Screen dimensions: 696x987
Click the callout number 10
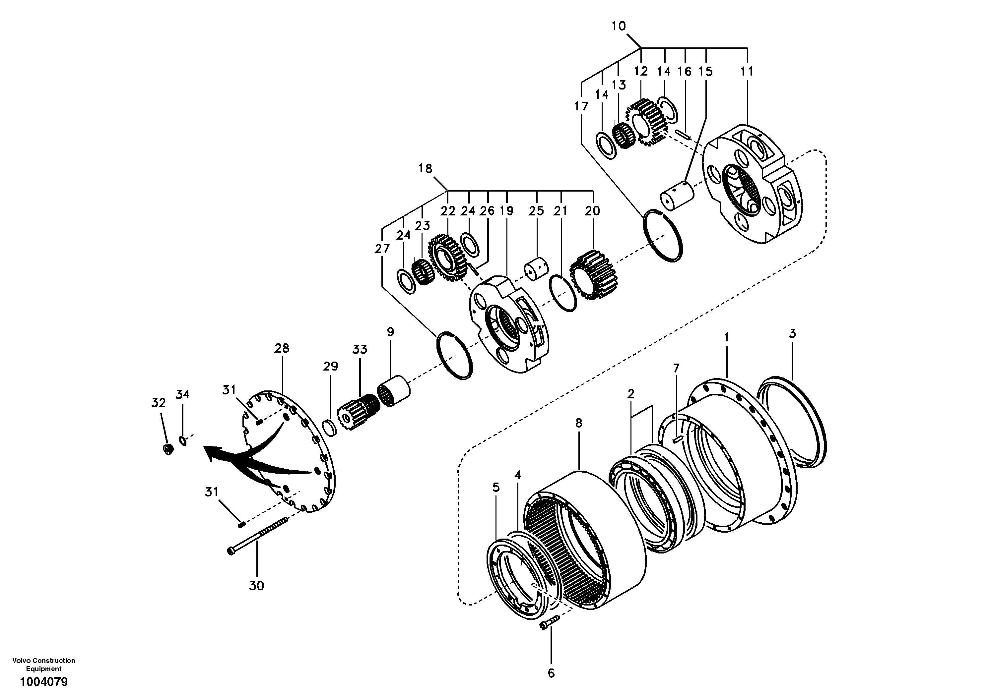619,26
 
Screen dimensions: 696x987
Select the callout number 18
425,168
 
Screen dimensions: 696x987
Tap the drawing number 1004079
44,681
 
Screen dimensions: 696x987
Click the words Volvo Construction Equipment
44,664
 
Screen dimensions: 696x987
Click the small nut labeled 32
168,449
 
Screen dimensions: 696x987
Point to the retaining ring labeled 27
454,356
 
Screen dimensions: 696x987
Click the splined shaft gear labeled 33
358,408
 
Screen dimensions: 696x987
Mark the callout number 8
579,423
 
